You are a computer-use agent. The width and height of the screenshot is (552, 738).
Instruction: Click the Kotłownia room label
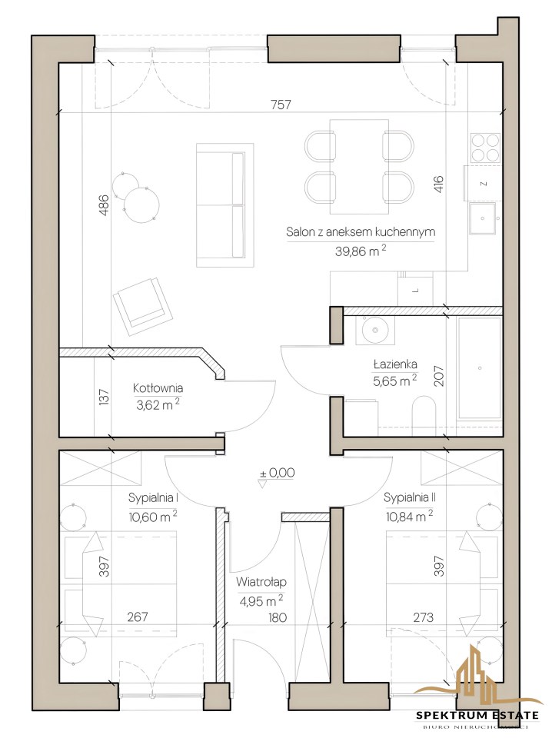click(158, 388)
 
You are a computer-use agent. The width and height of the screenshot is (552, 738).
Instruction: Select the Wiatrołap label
click(261, 582)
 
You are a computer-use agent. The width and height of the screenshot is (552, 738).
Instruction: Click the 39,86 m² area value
click(361, 251)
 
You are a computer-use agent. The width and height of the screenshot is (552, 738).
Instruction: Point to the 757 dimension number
click(281, 105)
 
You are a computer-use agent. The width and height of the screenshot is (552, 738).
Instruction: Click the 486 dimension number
click(104, 205)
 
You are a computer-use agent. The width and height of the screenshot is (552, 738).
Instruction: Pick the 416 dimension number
click(437, 185)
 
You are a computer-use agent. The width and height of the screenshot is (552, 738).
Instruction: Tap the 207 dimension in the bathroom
click(438, 376)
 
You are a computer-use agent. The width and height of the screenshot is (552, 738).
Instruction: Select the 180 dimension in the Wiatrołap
click(278, 617)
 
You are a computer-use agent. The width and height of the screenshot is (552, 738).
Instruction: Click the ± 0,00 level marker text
click(277, 472)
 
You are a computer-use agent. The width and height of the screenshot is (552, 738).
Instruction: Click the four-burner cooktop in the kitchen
click(485, 148)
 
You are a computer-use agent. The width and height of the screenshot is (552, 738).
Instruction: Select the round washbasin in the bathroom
click(375, 329)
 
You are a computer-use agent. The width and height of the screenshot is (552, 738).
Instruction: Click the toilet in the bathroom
click(424, 415)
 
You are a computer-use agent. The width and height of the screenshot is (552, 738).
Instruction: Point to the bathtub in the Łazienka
click(479, 367)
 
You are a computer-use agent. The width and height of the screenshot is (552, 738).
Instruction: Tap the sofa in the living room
click(225, 204)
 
